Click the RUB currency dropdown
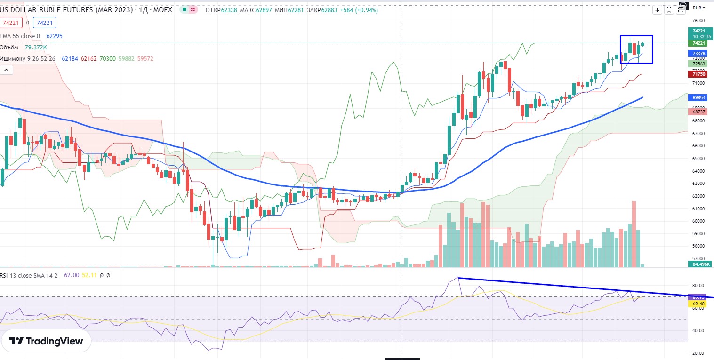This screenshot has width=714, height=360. coord(699,8)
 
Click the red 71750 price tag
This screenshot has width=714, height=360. coord(698,74)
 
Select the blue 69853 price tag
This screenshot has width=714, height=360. coord(698,97)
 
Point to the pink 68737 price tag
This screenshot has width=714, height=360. coord(698,112)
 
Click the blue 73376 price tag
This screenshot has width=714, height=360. coord(698,54)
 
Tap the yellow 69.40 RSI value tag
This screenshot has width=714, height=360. coord(697,304)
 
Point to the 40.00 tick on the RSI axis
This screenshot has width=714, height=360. coord(698,330)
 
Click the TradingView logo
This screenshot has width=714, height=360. coord(46,341)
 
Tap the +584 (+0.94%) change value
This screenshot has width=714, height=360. coord(361,10)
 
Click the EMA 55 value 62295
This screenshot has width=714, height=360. coord(54,36)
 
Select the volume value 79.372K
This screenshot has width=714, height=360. coord(36,47)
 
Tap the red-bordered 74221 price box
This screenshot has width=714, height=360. coord(10,22)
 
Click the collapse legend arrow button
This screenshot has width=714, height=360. coord(7,70)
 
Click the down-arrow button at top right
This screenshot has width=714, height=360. coord(658,9)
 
